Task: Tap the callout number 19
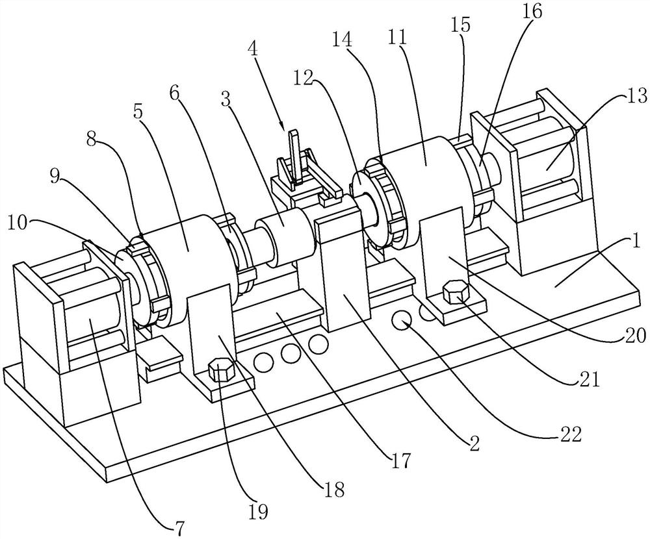[x=258, y=512]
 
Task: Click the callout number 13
[x=637, y=96]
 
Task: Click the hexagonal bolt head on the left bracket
[x=221, y=369]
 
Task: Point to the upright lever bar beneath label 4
[x=294, y=157]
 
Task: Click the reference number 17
[x=400, y=460]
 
